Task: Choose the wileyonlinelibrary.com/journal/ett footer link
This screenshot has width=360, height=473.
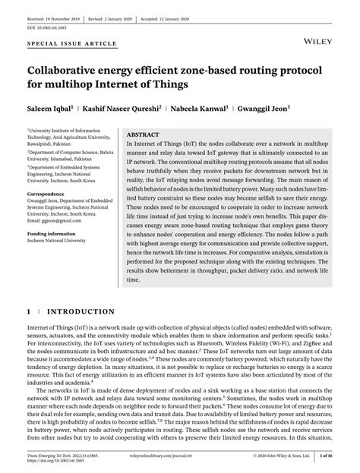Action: pyautogui.click(x=181, y=457)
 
